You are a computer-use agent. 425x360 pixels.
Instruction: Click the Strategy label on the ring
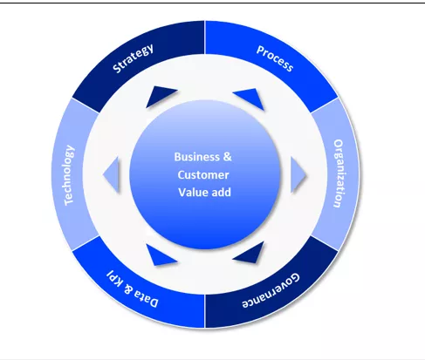click(x=133, y=58)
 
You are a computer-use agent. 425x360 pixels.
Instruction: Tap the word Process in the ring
click(x=275, y=58)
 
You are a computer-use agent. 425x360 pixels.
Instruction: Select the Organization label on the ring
click(x=339, y=173)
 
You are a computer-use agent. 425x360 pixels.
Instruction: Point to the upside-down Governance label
click(x=271, y=290)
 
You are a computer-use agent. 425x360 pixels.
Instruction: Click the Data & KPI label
click(x=133, y=289)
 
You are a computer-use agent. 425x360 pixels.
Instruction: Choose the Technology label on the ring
click(x=69, y=175)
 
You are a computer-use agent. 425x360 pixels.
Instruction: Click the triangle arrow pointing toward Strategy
click(x=161, y=97)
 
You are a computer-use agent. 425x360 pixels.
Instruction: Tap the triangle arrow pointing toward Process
click(x=250, y=98)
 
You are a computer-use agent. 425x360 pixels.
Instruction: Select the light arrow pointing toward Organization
click(x=298, y=174)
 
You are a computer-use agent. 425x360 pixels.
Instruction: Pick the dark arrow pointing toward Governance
click(x=250, y=252)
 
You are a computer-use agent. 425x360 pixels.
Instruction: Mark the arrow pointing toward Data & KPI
click(x=161, y=255)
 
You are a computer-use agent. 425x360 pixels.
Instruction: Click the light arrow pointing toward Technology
click(x=112, y=174)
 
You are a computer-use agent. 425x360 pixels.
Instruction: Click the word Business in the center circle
click(x=196, y=157)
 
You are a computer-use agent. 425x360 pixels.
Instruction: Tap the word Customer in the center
click(x=203, y=175)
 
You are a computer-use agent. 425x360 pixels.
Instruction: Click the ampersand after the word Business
click(x=228, y=157)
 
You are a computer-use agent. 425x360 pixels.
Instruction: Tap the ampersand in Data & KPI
click(x=128, y=289)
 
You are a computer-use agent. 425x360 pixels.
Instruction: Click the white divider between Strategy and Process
click(x=204, y=37)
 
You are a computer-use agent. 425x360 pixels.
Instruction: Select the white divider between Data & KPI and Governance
click(x=205, y=311)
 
